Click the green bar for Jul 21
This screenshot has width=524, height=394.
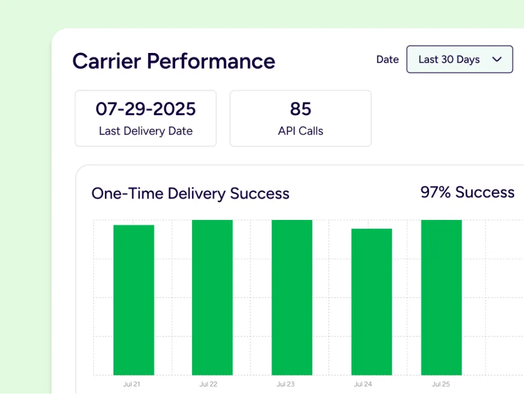coord(134,300)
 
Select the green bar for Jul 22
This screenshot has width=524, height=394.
coord(213,297)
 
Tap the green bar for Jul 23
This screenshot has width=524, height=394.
coord(292,297)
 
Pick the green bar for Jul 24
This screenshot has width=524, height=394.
coord(371,301)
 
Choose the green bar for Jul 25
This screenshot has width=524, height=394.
coord(441,297)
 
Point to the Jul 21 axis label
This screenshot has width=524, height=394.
coord(132,384)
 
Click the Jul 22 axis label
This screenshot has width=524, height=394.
coord(208,384)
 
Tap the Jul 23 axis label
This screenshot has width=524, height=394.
coord(285,384)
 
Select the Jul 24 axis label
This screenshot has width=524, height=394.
coord(363,384)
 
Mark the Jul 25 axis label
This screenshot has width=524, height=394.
coord(441,384)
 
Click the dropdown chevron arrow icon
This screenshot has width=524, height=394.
coord(497,59)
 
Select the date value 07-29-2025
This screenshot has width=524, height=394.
coord(146,109)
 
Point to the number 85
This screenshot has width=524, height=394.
coord(300,109)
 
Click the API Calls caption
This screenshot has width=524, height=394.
coord(300,131)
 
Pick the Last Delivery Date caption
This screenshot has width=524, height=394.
coord(146,131)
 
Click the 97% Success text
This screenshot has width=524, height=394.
coord(468,193)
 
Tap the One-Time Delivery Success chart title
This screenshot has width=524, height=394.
coord(190,194)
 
